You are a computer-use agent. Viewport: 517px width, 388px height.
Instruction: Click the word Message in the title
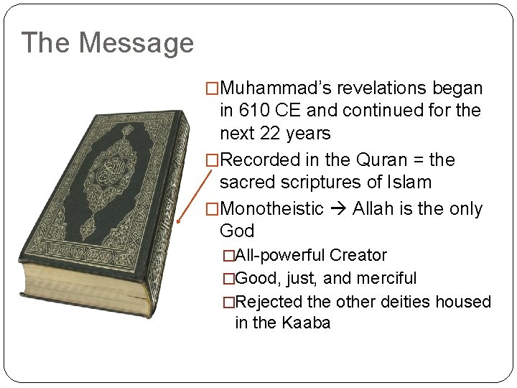click(136, 43)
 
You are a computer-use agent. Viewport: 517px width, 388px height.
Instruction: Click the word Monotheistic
click(271, 209)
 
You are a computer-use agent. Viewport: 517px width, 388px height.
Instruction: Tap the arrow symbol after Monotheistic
click(338, 209)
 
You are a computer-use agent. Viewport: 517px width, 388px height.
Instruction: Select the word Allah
click(374, 209)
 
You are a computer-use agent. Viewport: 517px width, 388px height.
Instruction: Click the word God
click(236, 231)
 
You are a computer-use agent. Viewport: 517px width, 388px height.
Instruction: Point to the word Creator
click(358, 255)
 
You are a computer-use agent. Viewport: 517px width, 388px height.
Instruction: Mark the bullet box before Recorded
click(211, 160)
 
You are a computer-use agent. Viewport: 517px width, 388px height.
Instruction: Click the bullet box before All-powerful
click(228, 256)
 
